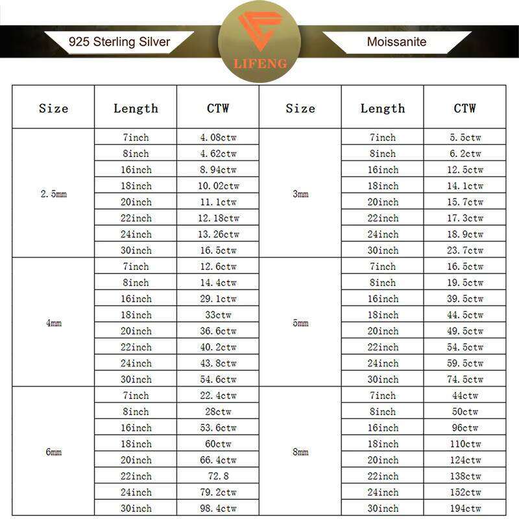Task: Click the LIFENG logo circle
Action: click(x=259, y=41)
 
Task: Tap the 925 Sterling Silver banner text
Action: click(x=119, y=43)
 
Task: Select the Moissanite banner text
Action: click(x=396, y=43)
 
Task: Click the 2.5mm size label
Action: click(x=53, y=194)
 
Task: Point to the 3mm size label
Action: click(x=300, y=194)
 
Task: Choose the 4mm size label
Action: click(x=53, y=322)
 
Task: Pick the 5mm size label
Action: click(x=300, y=322)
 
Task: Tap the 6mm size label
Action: click(x=53, y=452)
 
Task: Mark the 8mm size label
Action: click(x=300, y=452)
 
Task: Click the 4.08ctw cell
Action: click(x=218, y=138)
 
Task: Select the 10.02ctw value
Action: click(x=218, y=186)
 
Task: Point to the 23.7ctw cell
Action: click(x=465, y=250)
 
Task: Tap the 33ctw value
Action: click(x=218, y=315)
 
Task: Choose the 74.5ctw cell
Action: click(x=465, y=380)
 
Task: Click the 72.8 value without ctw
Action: click(x=218, y=476)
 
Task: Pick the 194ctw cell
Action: click(x=465, y=509)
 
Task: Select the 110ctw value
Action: click(x=465, y=444)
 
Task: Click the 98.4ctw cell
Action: click(x=218, y=509)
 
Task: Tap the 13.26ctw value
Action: click(x=218, y=234)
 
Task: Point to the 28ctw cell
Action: click(x=218, y=412)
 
